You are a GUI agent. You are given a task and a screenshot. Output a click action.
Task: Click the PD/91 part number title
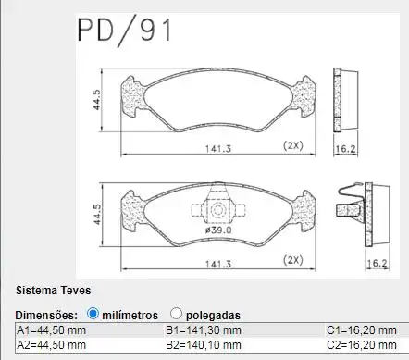click(124, 31)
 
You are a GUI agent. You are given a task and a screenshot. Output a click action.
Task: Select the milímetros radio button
click(93, 314)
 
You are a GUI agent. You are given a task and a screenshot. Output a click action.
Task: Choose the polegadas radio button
click(176, 314)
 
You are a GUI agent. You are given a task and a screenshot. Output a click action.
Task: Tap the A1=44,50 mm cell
click(51, 330)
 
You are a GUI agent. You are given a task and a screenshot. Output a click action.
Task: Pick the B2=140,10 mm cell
click(204, 345)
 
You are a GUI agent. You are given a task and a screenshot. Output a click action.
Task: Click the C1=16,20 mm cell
click(362, 330)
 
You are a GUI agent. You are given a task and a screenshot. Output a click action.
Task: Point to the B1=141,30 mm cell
click(204, 330)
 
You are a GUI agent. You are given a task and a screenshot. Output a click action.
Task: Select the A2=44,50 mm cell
click(51, 345)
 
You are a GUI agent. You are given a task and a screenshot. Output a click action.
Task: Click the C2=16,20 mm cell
click(362, 345)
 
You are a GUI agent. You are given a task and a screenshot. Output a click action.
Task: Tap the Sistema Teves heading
click(54, 291)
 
